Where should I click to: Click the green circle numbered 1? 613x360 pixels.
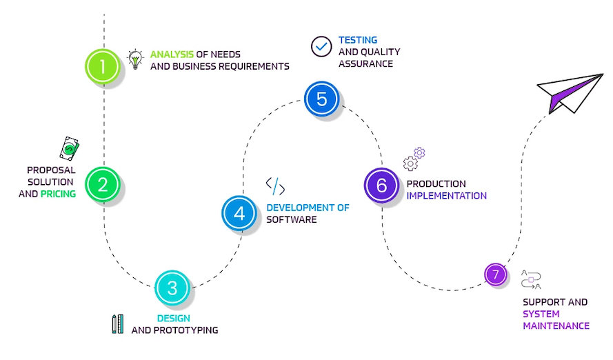[x=103, y=67]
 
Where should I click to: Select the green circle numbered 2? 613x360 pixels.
[x=103, y=184]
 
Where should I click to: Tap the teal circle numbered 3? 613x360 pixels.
[x=172, y=288]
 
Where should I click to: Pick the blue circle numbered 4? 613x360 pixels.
[x=239, y=213]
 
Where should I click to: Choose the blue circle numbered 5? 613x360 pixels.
[x=321, y=99]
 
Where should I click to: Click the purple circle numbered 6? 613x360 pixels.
[x=381, y=185]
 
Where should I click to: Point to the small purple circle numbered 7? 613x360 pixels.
[x=495, y=274]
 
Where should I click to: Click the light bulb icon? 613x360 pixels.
[x=135, y=59]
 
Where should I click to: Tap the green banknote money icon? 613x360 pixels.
[x=69, y=148]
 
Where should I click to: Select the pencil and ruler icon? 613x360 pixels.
[x=117, y=323]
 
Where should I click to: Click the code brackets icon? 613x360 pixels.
[x=275, y=186]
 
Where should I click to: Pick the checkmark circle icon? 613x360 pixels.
[x=321, y=46]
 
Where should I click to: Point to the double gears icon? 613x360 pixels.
[x=414, y=159]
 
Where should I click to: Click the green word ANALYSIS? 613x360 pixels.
[x=172, y=54]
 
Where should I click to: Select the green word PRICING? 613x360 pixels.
[x=58, y=194]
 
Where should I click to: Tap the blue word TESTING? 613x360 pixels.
[x=357, y=40]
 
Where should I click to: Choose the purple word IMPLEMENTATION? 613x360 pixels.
[x=446, y=196]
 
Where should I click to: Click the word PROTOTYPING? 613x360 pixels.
[x=186, y=330]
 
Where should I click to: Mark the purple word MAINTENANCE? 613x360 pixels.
[x=556, y=326]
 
